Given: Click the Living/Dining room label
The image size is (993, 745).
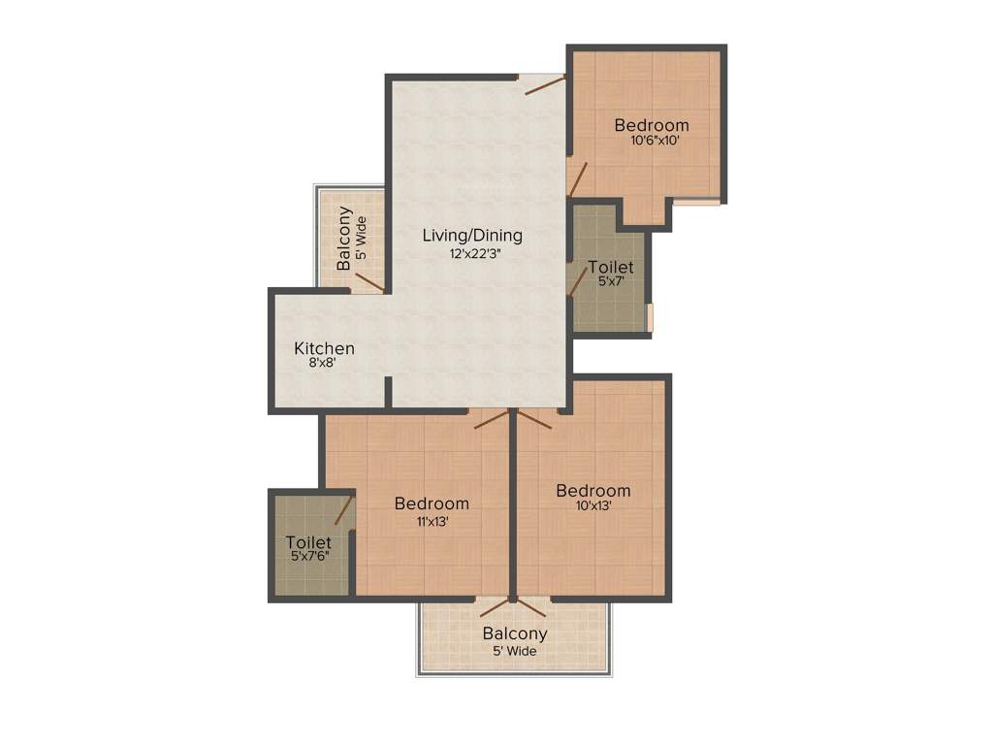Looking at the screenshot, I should [x=472, y=235].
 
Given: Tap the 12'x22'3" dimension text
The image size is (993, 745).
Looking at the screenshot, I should [x=473, y=254].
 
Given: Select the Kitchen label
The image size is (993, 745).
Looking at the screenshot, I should [x=324, y=348].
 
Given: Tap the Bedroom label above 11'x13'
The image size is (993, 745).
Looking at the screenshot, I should [x=432, y=503].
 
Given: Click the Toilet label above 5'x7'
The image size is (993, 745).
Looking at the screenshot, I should [x=611, y=267].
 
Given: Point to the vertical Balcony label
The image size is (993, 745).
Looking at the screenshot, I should [x=343, y=239].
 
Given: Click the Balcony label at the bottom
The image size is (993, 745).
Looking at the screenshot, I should [x=515, y=633].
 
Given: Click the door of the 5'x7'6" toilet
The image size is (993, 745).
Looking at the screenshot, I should [x=343, y=509].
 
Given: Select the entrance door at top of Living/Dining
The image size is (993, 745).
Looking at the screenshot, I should [x=545, y=85].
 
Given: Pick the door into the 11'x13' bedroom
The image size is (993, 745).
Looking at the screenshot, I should [x=492, y=418].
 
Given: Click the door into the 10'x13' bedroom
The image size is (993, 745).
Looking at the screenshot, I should [x=534, y=419].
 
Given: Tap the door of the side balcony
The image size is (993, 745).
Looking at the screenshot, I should [x=369, y=282].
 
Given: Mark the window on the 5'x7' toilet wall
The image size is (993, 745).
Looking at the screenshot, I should [x=652, y=318].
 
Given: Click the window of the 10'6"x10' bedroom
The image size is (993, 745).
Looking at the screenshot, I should [x=697, y=202].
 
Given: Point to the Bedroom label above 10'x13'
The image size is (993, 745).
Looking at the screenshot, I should [x=593, y=491].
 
